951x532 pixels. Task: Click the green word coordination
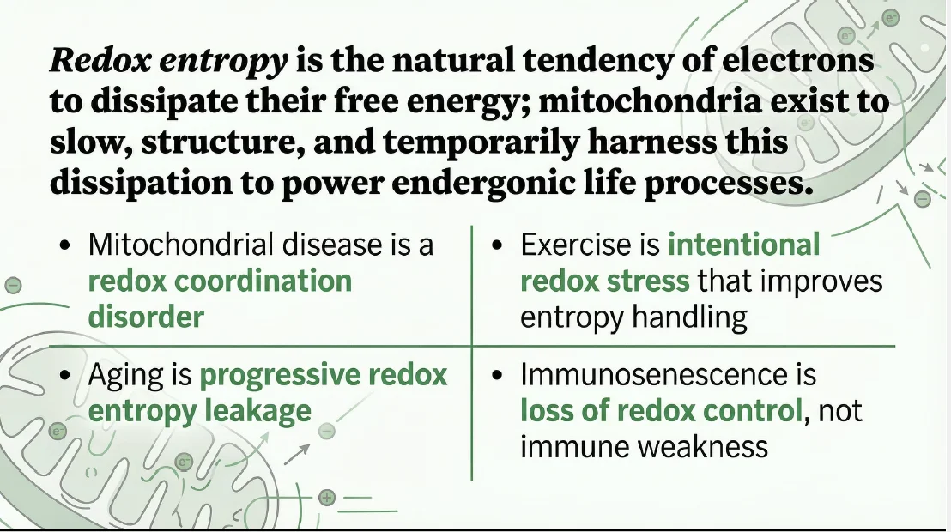263,281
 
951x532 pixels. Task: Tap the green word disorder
146,317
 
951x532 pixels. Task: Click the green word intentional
744,245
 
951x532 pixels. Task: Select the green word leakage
257,412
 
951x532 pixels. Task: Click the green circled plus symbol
327,498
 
